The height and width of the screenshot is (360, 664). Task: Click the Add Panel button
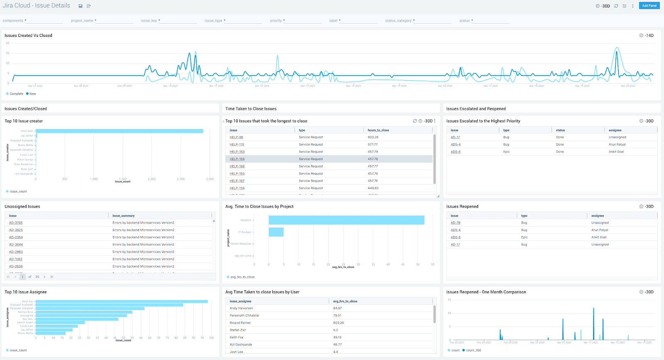click(649, 6)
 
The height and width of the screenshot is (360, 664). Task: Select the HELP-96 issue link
click(237, 137)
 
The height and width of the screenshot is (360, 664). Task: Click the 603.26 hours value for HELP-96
click(373, 137)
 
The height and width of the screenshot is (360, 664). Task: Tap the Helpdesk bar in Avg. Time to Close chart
click(346, 220)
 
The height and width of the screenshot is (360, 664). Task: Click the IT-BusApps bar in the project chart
click(276, 232)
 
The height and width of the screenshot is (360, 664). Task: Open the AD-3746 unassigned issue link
click(16, 223)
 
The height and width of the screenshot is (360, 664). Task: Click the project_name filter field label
click(82, 21)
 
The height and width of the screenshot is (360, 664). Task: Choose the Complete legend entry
click(16, 94)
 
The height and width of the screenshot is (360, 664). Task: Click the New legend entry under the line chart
click(32, 94)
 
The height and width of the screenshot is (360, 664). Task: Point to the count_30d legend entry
click(473, 350)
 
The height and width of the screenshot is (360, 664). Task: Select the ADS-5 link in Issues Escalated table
click(455, 152)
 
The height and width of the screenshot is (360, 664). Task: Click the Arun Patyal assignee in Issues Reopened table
click(600, 230)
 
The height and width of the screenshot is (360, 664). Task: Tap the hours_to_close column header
click(378, 130)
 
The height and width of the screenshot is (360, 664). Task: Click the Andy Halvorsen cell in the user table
click(241, 308)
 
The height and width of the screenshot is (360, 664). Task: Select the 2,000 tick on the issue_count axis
click(152, 179)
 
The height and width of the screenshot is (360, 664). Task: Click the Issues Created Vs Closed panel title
click(28, 36)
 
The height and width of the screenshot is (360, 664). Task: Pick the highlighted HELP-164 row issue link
click(237, 159)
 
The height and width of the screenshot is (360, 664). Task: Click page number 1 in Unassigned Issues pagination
click(22, 277)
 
